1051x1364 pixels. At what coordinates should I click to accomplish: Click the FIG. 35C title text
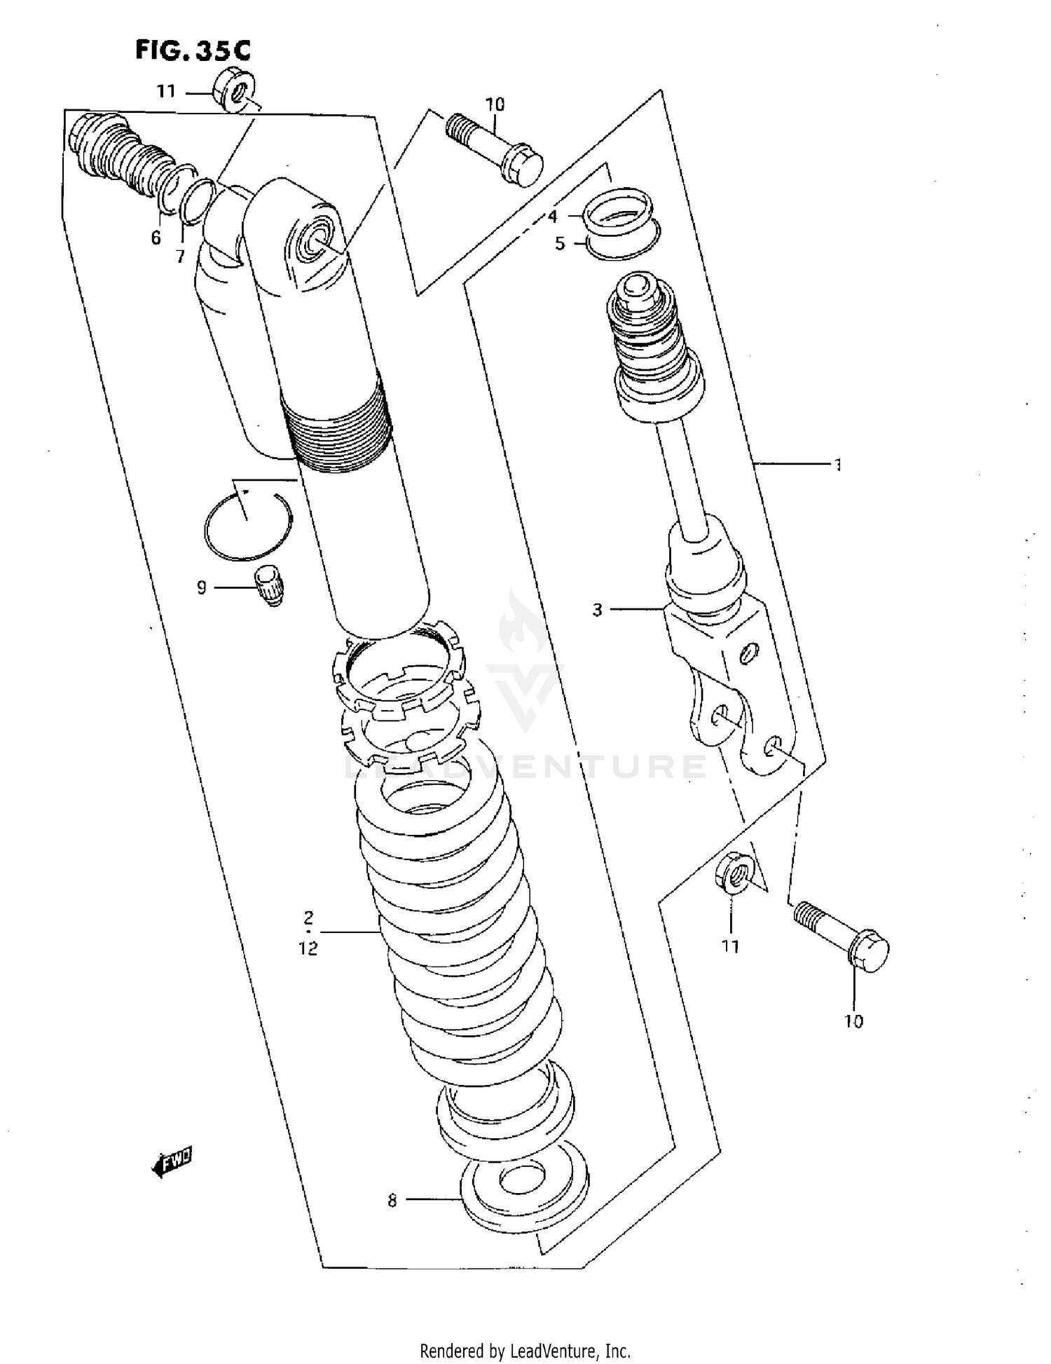[x=193, y=50]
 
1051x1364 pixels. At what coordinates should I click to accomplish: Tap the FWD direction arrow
[x=172, y=1164]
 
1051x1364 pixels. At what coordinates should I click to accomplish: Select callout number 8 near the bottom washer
[x=392, y=1201]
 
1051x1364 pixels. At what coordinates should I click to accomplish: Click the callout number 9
[x=202, y=587]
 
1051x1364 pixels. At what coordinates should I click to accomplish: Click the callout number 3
[x=597, y=610]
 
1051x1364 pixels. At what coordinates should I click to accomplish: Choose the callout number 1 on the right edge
[x=837, y=464]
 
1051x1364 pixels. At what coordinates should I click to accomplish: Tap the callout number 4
[x=553, y=217]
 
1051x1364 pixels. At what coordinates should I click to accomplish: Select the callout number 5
[x=560, y=244]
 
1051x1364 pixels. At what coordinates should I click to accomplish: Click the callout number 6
[x=156, y=238]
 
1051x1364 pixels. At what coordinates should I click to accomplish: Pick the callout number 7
[x=180, y=257]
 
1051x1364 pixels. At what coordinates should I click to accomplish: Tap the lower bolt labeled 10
[x=843, y=937]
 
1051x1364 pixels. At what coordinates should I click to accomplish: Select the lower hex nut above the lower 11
[x=733, y=873]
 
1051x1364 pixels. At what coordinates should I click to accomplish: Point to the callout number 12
[x=308, y=948]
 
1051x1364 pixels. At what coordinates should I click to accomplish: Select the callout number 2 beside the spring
[x=308, y=917]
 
